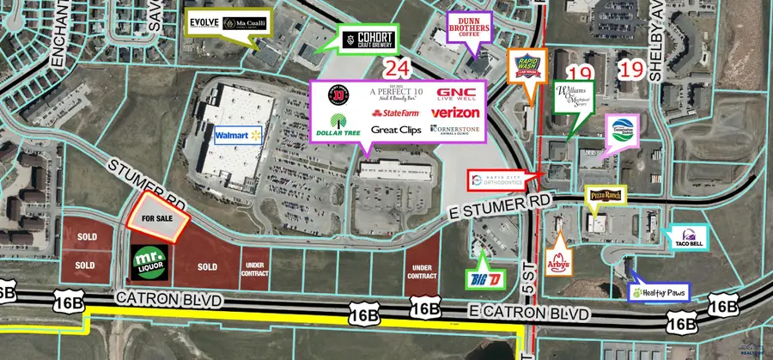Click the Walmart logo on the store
(x=237, y=136)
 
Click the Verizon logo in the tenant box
(x=454, y=113)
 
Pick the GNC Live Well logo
(x=456, y=93)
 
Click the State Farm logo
(x=394, y=113)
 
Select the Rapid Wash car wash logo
(x=526, y=64)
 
